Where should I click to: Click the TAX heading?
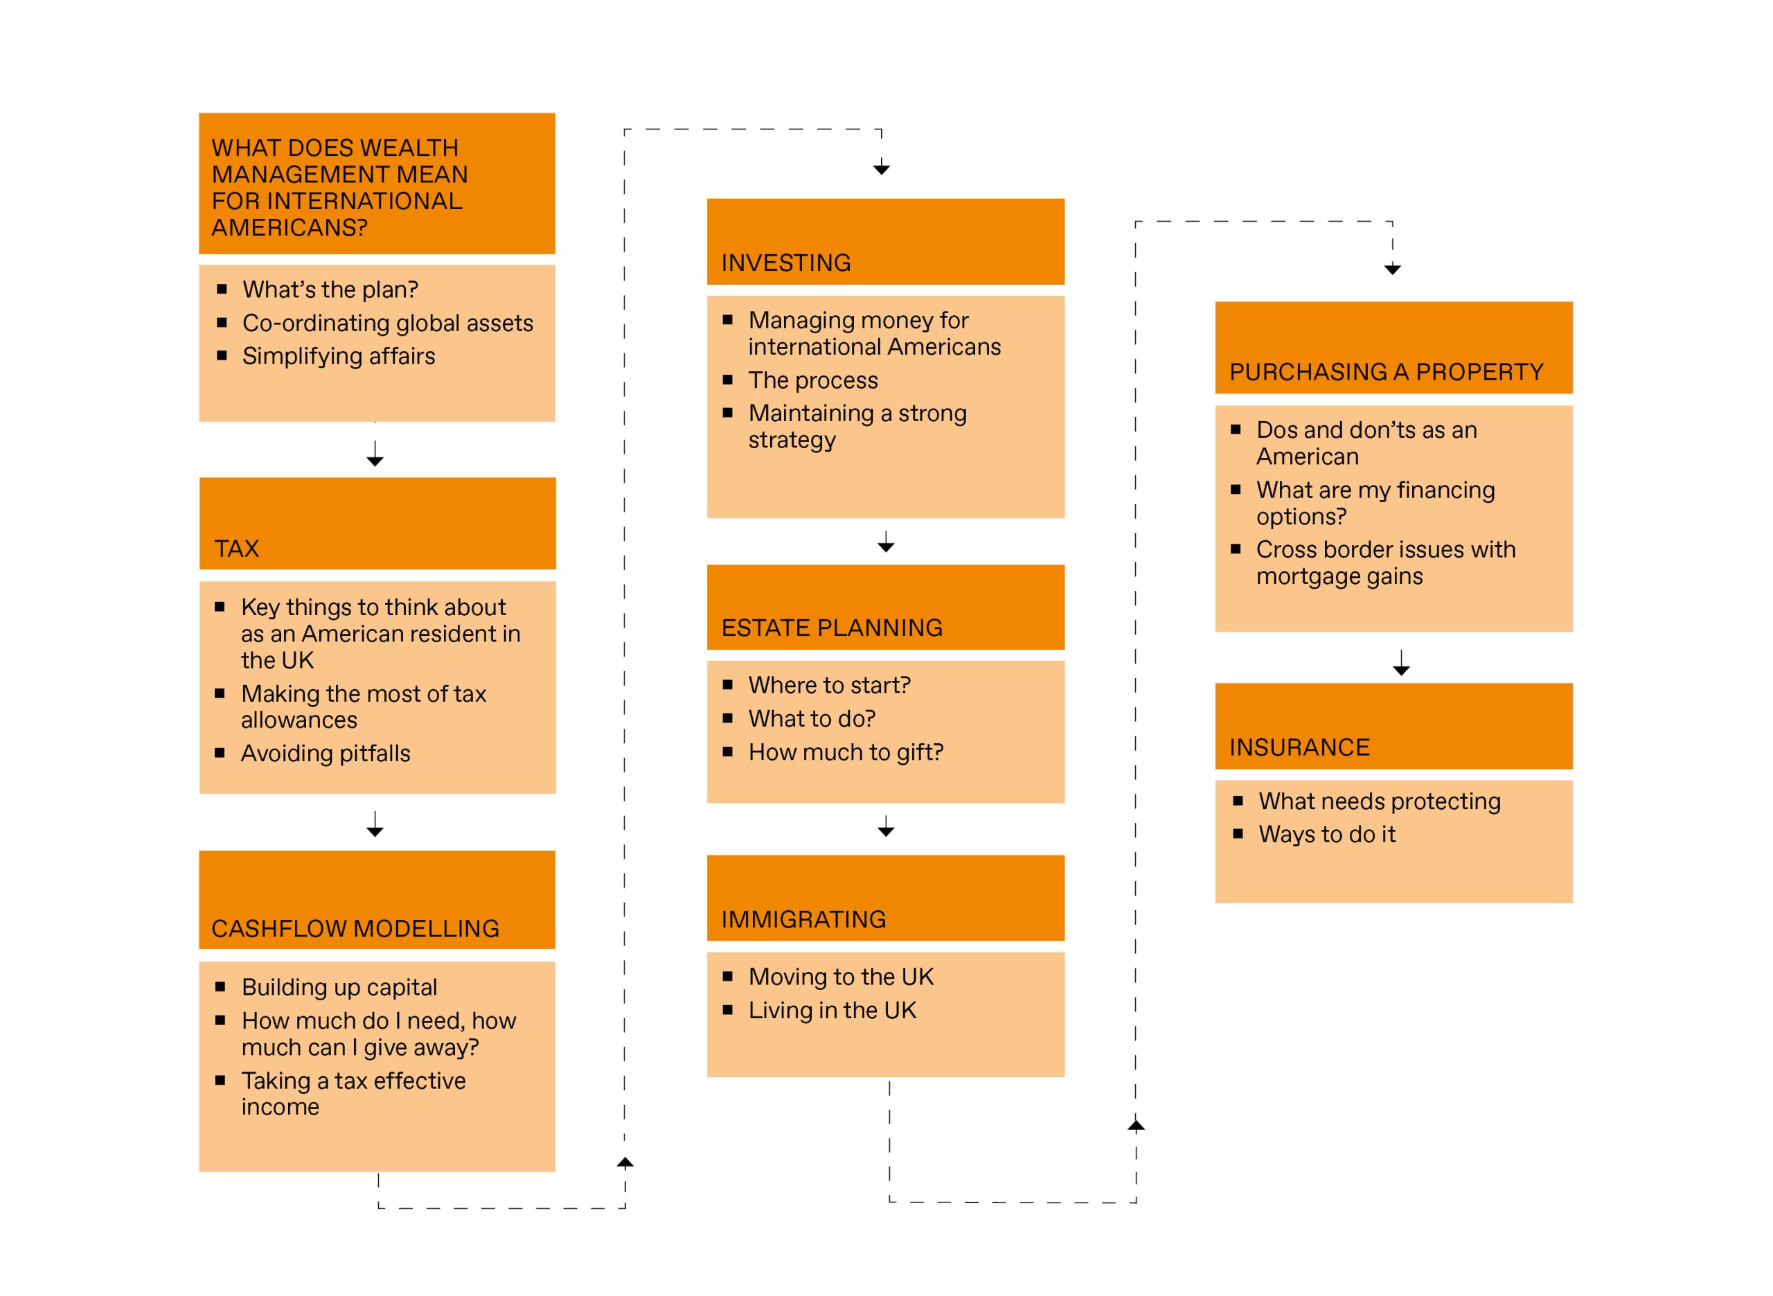click(236, 549)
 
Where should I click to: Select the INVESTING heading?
click(786, 263)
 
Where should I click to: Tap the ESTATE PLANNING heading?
click(832, 628)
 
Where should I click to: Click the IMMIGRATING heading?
click(804, 919)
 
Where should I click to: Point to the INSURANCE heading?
click(1299, 747)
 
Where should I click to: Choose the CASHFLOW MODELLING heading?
click(355, 929)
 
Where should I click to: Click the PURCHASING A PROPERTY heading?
click(1387, 372)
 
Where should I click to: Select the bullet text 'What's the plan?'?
click(330, 290)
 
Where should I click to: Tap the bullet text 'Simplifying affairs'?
click(339, 356)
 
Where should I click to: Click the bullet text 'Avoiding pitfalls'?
click(326, 754)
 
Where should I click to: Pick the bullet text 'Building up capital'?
click(339, 987)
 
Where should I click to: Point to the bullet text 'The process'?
click(813, 380)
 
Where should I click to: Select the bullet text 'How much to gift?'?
click(846, 752)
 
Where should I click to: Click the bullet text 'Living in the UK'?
click(832, 1011)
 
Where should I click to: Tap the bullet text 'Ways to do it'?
click(1327, 835)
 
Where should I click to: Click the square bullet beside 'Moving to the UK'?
click(728, 977)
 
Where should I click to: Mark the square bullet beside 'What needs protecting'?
click(1238, 801)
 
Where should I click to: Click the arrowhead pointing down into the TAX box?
click(375, 461)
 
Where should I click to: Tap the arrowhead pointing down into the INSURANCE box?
click(1401, 671)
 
